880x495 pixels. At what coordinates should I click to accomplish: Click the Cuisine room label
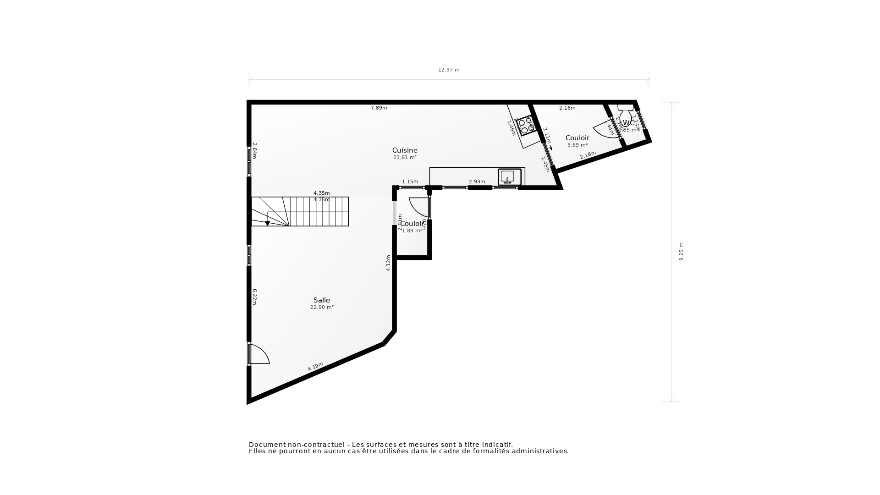click(405, 150)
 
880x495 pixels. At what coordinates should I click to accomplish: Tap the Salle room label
click(322, 300)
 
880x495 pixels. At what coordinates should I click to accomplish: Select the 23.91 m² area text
click(405, 157)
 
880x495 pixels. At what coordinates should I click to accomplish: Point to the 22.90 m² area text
click(322, 308)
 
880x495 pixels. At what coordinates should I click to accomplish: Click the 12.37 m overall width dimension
click(448, 70)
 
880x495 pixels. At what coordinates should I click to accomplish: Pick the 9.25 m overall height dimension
click(681, 252)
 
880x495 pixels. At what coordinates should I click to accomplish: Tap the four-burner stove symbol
click(525, 126)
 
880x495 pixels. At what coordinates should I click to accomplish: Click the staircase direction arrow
click(267, 223)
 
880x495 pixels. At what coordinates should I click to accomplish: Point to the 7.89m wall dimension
click(379, 108)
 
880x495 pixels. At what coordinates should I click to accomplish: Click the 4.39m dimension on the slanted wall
click(315, 367)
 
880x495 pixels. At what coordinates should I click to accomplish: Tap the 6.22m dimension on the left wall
click(254, 297)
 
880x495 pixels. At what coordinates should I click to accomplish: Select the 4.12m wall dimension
click(388, 263)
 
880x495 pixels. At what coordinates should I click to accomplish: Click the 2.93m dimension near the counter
click(477, 182)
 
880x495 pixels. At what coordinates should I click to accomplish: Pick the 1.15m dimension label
click(410, 182)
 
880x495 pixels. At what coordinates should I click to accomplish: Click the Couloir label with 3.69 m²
click(577, 138)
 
